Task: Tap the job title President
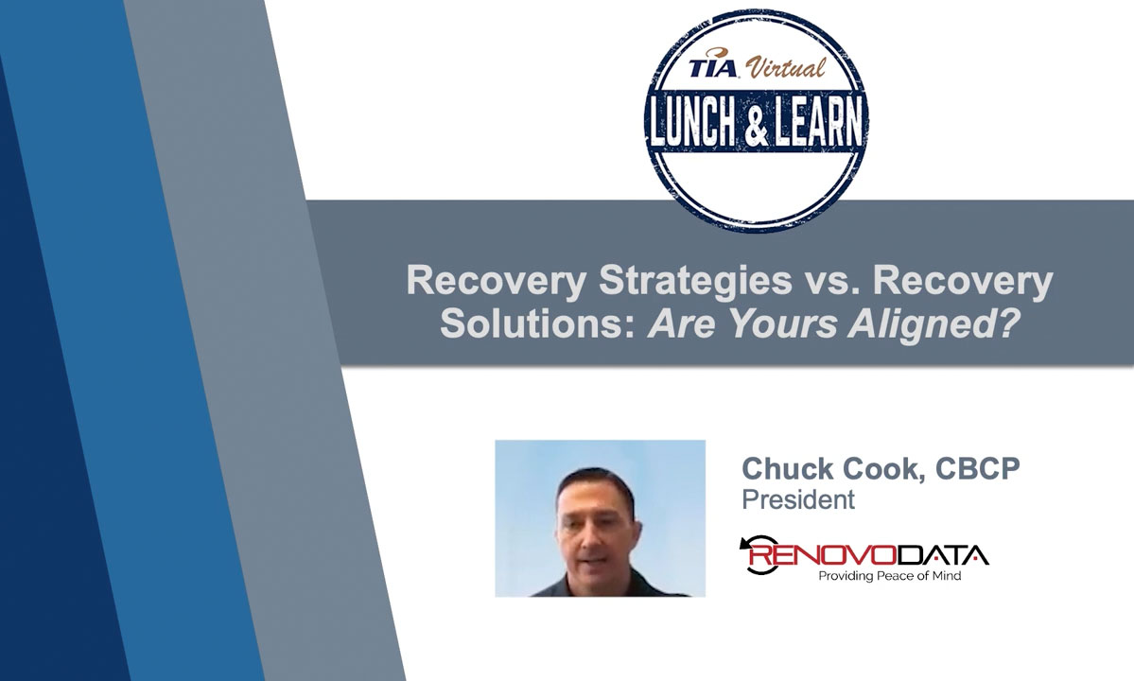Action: (x=798, y=499)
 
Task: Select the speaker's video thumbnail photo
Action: (x=600, y=517)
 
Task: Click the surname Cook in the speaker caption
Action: (x=867, y=469)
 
